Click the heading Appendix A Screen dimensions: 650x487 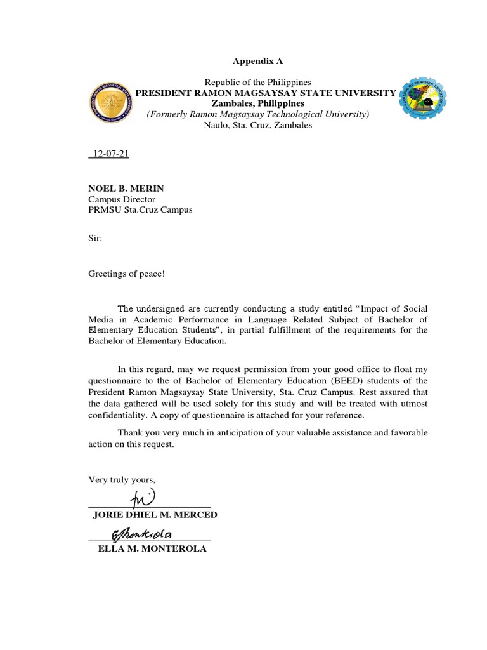click(257, 62)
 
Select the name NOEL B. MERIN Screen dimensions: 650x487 click(120, 189)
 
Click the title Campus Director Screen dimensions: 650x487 click(121, 199)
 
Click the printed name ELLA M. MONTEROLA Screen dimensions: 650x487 click(152, 548)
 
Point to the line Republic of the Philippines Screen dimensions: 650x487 click(257, 83)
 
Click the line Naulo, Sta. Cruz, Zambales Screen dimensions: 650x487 click(257, 125)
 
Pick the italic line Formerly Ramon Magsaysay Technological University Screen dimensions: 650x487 click(257, 114)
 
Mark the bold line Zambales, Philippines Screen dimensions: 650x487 click(257, 103)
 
